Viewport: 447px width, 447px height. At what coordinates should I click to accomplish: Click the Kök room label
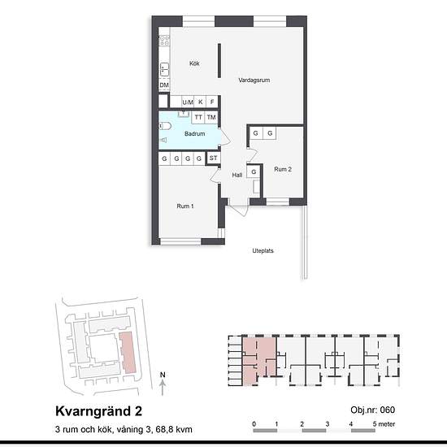tap(194, 63)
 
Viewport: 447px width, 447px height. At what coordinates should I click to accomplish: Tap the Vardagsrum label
tap(254, 80)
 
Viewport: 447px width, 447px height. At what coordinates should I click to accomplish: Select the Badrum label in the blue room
tap(195, 134)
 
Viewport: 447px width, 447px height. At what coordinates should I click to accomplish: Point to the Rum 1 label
tap(185, 206)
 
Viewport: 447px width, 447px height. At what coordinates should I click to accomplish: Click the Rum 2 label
tap(283, 169)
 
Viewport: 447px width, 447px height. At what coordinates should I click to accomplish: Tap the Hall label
tap(237, 175)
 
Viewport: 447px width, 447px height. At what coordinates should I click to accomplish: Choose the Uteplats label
tap(263, 250)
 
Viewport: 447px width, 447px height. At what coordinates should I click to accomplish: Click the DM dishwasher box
tap(164, 85)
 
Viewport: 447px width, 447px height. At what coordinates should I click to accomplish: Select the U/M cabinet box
tap(188, 102)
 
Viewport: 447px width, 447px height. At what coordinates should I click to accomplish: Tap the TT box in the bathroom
tap(198, 118)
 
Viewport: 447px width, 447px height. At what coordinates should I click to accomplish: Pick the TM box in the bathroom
tap(211, 118)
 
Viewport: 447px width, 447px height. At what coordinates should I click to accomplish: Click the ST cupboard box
tap(213, 158)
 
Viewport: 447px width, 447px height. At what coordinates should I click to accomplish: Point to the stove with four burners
tap(164, 40)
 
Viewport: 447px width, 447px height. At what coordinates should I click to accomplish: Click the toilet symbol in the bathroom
tap(165, 126)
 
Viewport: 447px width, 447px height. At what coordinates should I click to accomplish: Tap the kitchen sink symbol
tap(164, 69)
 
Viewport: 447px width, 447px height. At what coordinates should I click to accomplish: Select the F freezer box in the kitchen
tap(212, 102)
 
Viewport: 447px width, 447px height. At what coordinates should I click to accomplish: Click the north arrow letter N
tap(163, 375)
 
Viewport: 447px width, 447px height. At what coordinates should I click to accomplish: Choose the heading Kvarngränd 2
tap(98, 411)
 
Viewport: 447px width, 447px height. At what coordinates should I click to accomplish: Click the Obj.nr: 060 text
tap(372, 410)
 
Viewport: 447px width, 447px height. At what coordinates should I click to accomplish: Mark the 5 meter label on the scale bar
tap(384, 424)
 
